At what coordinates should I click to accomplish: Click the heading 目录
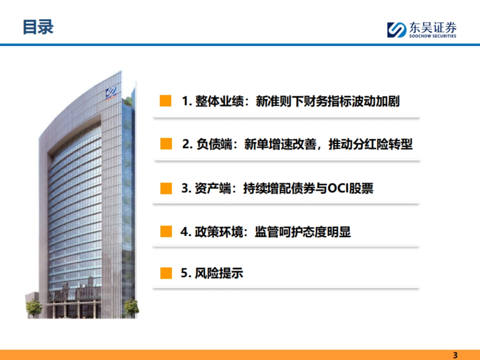38,27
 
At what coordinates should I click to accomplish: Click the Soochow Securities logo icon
396,30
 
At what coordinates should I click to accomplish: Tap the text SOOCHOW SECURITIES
432,36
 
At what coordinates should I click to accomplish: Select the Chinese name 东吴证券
432,27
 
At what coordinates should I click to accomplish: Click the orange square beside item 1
166,101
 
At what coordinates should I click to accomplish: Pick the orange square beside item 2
166,144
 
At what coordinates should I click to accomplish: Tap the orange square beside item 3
166,188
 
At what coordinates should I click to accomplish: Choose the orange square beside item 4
166,232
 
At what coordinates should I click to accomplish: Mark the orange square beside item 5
166,273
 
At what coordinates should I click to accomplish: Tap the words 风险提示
219,274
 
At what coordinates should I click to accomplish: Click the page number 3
455,355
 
